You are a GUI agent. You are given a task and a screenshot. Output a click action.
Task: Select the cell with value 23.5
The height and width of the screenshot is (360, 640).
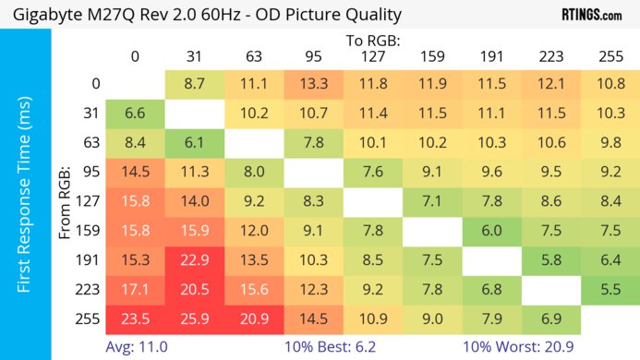coord(135,318)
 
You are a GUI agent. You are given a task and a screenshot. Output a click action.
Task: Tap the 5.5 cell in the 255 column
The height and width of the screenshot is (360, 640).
coord(610,289)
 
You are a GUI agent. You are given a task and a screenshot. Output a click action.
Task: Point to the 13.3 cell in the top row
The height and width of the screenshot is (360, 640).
coord(313,83)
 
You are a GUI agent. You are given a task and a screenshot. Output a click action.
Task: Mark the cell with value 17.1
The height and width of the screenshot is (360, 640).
coord(135,289)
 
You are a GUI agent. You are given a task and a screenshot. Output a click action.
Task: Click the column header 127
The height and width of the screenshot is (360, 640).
coord(372,56)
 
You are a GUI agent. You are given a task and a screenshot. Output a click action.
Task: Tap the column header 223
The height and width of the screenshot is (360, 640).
coord(550,56)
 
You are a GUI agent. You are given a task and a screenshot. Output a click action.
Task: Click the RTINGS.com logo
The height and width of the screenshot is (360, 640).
coord(591,15)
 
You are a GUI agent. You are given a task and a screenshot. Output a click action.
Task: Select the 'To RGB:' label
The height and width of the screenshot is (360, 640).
coord(372,41)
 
